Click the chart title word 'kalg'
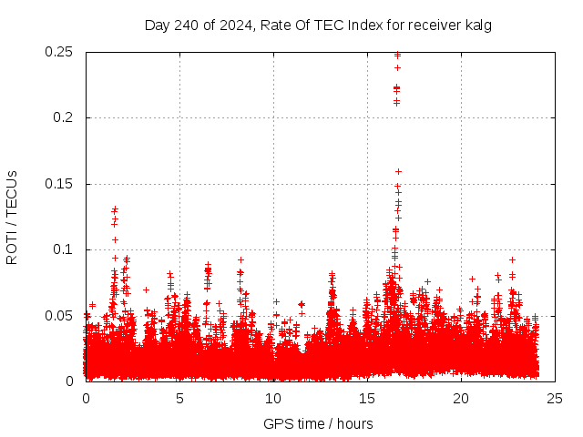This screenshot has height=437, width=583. [477, 25]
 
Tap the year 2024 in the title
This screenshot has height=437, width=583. [227, 25]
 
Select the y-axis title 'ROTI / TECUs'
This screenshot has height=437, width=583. [12, 217]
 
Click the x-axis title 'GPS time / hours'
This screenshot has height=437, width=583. [318, 423]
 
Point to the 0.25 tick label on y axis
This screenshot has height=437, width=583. [59, 52]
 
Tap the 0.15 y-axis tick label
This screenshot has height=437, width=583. [59, 184]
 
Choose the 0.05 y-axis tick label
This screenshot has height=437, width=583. [59, 316]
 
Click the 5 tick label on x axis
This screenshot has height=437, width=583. [179, 399]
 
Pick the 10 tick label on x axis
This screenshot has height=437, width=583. [273, 399]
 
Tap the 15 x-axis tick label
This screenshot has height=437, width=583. [367, 399]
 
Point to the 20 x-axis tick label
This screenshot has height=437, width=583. [461, 399]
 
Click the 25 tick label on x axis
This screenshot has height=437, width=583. [555, 399]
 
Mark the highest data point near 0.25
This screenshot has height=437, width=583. [397, 55]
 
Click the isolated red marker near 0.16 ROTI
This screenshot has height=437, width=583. [398, 171]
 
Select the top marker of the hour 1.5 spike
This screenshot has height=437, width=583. [115, 209]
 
